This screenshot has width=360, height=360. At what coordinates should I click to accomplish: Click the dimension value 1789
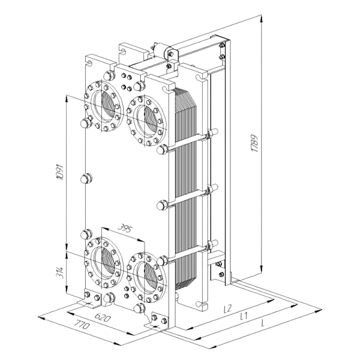[255, 143]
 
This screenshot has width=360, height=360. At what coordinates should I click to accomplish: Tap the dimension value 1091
[60, 172]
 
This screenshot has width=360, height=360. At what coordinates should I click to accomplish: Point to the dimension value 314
[60, 272]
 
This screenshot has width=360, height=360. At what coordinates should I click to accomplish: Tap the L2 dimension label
[228, 308]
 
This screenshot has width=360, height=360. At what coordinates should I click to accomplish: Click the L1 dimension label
[244, 317]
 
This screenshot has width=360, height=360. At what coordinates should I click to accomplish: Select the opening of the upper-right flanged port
[147, 121]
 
